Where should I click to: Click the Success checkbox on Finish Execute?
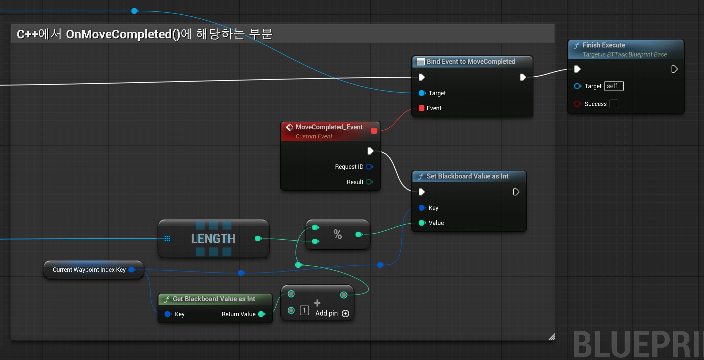[x=614, y=104]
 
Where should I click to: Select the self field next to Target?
[x=614, y=86]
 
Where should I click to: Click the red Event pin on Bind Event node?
[x=421, y=108]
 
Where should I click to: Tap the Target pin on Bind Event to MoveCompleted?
[x=422, y=93]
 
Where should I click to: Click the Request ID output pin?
[x=369, y=166]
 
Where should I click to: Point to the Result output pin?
[x=369, y=182]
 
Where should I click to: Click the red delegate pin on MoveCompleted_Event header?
[x=374, y=131]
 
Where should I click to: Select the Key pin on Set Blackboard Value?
[x=422, y=208]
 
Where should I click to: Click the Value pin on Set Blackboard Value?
[x=422, y=223]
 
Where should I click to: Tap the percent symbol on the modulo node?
[x=338, y=234]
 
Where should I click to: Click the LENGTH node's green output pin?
[x=258, y=238]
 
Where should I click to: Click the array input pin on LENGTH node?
[x=167, y=238]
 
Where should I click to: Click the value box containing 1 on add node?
[x=304, y=311]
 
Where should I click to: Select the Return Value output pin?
[x=262, y=314]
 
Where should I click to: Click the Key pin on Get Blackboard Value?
[x=168, y=314]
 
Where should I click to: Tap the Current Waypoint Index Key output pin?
[x=132, y=269]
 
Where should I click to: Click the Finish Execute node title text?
[x=604, y=45]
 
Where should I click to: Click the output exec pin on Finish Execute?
[x=674, y=69]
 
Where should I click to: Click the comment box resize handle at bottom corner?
[x=552, y=337]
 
